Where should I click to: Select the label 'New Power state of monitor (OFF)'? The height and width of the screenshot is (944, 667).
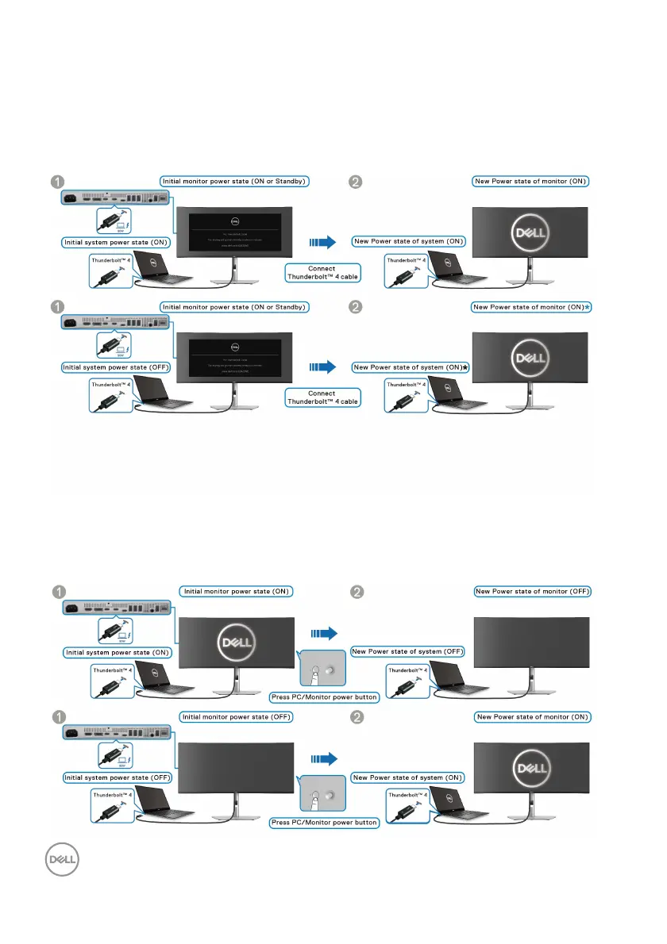(532, 591)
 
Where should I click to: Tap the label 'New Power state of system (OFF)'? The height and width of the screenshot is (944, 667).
(408, 651)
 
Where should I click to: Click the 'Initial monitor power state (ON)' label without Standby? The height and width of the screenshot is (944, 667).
(237, 591)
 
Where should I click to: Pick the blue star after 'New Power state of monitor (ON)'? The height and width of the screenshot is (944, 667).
(588, 307)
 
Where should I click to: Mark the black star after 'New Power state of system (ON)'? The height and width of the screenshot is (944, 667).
(467, 367)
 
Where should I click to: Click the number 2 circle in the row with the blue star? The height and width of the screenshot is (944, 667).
(358, 307)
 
